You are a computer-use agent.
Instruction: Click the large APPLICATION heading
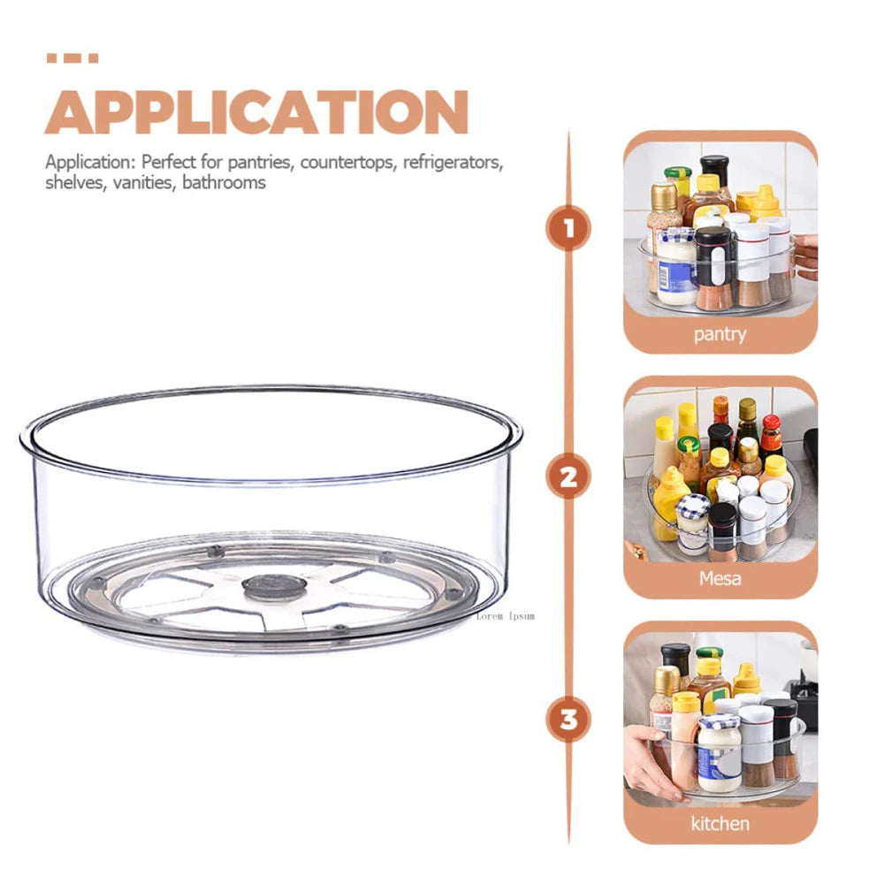[x=256, y=112]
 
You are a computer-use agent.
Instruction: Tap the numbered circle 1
[x=568, y=230]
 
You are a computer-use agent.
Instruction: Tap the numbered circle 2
[x=568, y=478]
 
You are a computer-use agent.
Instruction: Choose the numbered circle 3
[x=568, y=719]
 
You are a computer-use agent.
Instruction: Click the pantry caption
[x=720, y=334]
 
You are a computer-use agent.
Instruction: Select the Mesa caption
[x=720, y=579]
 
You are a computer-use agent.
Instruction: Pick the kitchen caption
[x=720, y=823]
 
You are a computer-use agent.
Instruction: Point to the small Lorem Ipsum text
[x=505, y=615]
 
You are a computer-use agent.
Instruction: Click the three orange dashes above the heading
[x=72, y=59]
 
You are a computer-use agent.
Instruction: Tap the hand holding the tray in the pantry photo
[x=805, y=256]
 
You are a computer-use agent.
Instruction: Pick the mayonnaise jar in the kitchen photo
[x=719, y=752]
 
